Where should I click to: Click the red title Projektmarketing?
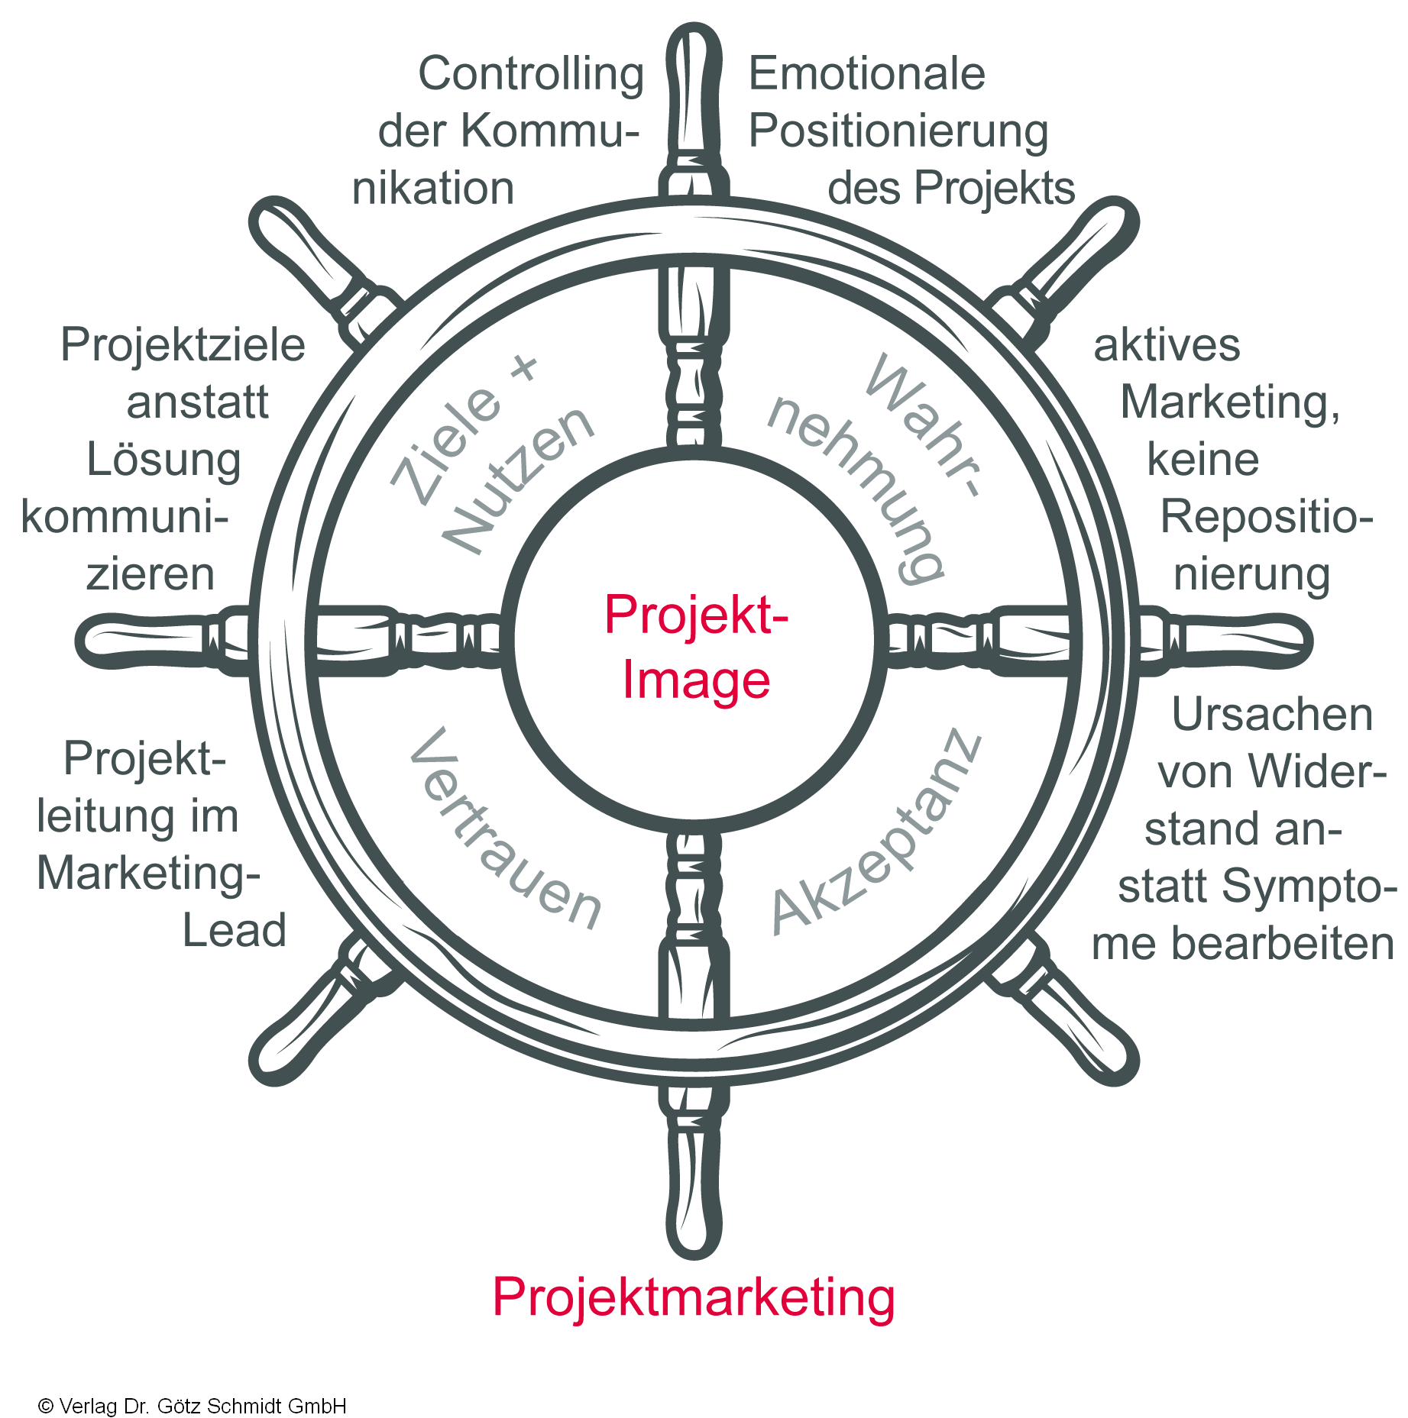click(x=693, y=1297)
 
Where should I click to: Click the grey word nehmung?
click(x=856, y=489)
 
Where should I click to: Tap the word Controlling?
click(x=531, y=75)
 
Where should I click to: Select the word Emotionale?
click(x=866, y=73)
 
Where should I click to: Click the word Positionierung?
click(x=898, y=131)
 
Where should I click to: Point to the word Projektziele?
click(x=183, y=345)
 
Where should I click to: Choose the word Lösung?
click(x=163, y=460)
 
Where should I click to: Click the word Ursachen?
click(x=1272, y=715)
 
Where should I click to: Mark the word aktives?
click(x=1167, y=345)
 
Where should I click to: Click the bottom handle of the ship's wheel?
click(x=694, y=1191)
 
